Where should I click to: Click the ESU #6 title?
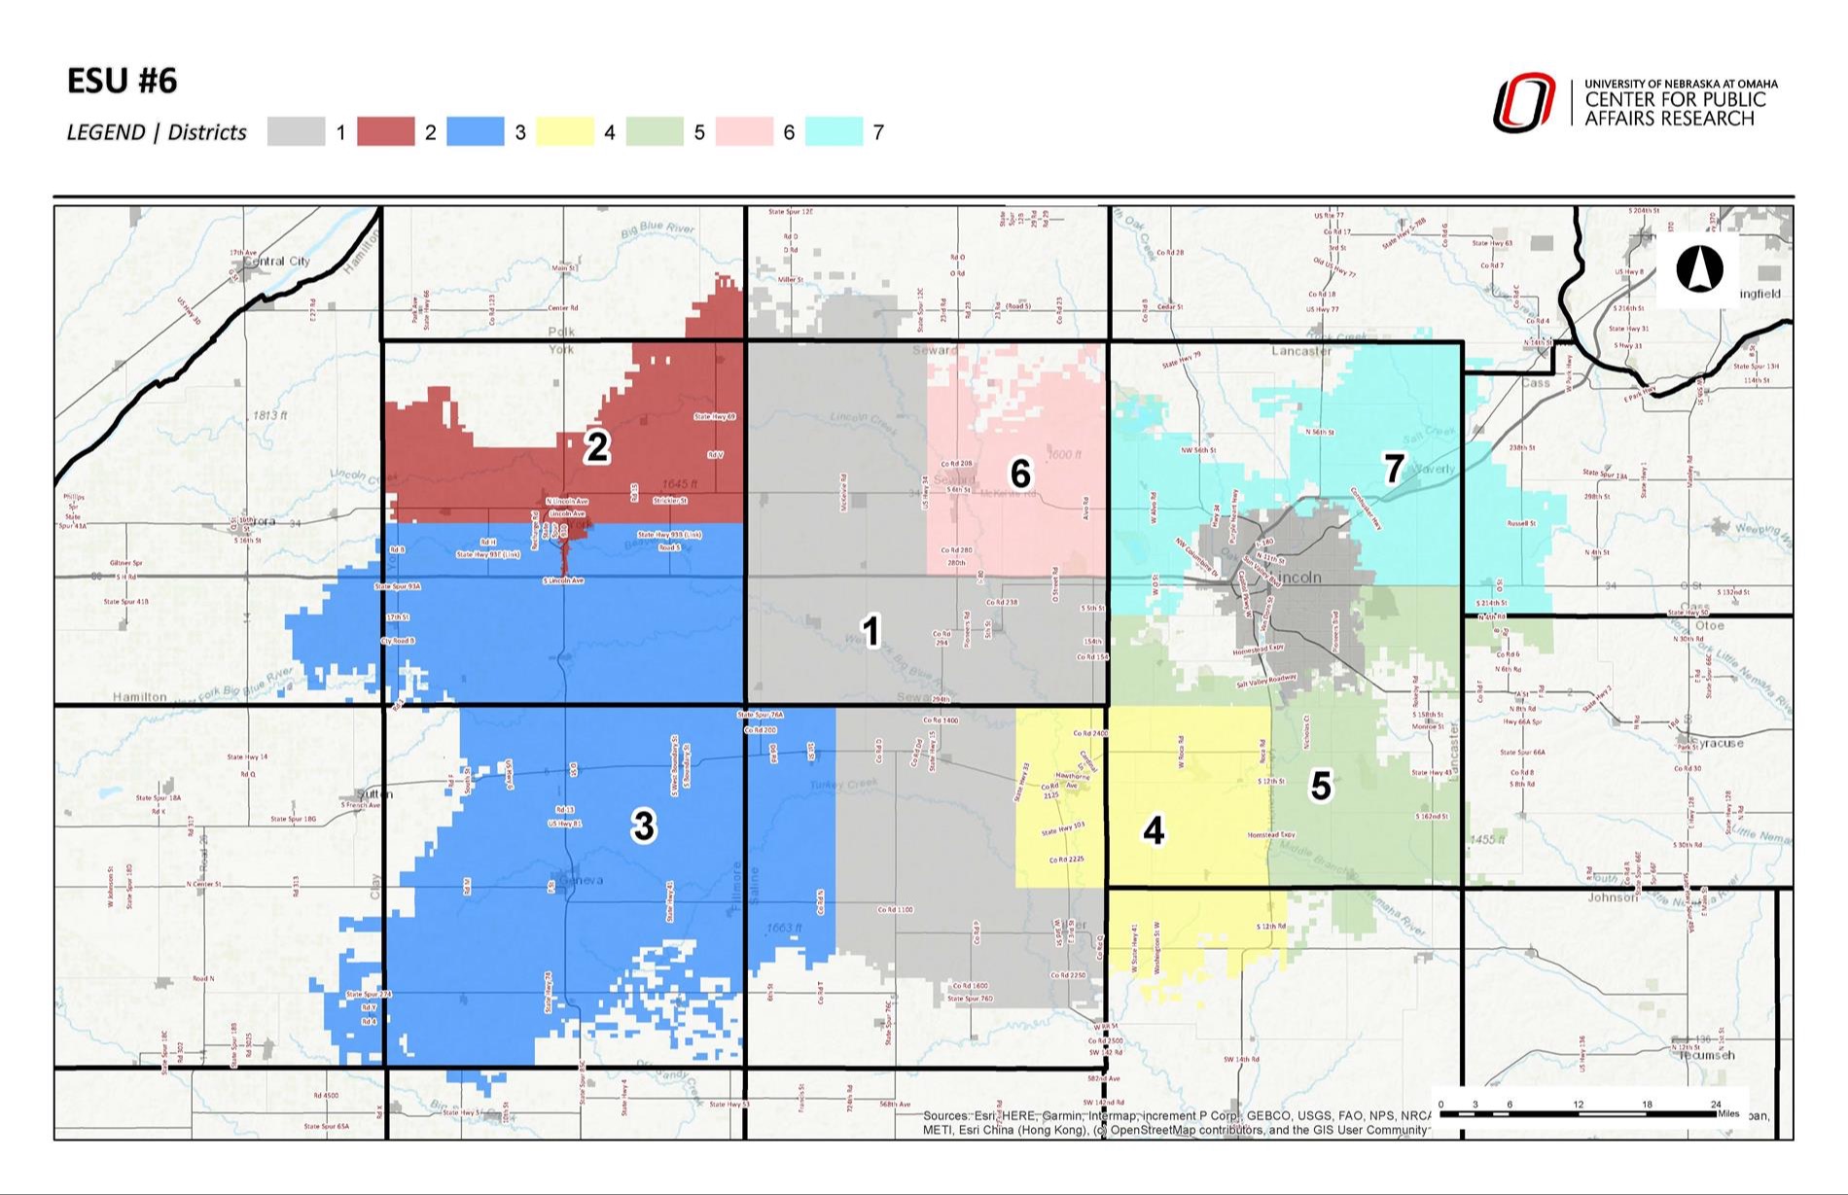tap(122, 81)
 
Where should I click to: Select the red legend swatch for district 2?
tap(385, 132)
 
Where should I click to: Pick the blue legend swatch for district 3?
tap(475, 132)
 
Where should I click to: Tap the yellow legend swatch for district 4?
tap(564, 132)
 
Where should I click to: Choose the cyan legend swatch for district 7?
tap(834, 132)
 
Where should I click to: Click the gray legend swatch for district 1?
tap(296, 132)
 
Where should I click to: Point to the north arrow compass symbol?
tap(1699, 269)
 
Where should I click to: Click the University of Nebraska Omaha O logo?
tap(1524, 103)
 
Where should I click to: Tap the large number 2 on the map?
tap(596, 447)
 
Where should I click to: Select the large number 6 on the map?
tap(1019, 474)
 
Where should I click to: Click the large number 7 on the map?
tap(1394, 470)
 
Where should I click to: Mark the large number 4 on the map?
tap(1154, 831)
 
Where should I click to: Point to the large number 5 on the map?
tap(1320, 786)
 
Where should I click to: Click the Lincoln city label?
tap(1297, 578)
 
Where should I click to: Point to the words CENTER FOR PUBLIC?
tap(1675, 100)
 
